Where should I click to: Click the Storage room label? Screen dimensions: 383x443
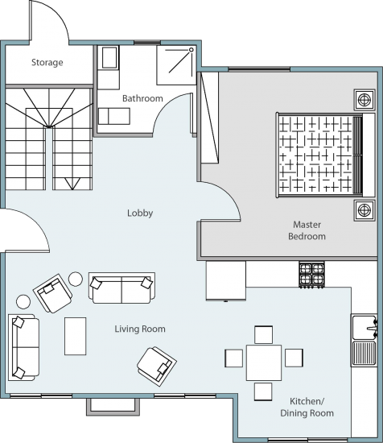[x=47, y=63]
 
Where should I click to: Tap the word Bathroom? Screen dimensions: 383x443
[x=142, y=98]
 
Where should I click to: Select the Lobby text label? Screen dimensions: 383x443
[x=140, y=213]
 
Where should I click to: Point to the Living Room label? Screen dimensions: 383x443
[x=140, y=329]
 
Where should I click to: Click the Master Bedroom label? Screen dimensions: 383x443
[x=307, y=230]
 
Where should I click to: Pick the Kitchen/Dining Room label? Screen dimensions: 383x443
[x=307, y=407]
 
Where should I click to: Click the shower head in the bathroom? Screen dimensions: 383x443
[x=191, y=50]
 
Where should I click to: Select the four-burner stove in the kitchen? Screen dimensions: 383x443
[x=311, y=275]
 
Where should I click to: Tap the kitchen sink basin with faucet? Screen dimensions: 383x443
[x=364, y=327]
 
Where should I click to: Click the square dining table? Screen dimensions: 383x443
[x=264, y=362]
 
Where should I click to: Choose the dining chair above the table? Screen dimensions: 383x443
[x=264, y=335]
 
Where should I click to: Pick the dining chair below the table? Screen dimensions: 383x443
[x=263, y=391]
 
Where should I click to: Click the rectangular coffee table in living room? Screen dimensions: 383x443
[x=76, y=336]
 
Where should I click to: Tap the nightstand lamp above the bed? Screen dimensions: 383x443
[x=364, y=100]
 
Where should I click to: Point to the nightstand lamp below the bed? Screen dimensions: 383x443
[x=364, y=210]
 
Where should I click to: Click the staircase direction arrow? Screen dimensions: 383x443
[x=72, y=184]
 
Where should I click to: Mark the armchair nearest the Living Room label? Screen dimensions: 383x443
[x=157, y=366]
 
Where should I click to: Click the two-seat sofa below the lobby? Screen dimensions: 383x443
[x=122, y=288]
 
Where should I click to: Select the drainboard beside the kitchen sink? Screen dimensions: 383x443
[x=364, y=353]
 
